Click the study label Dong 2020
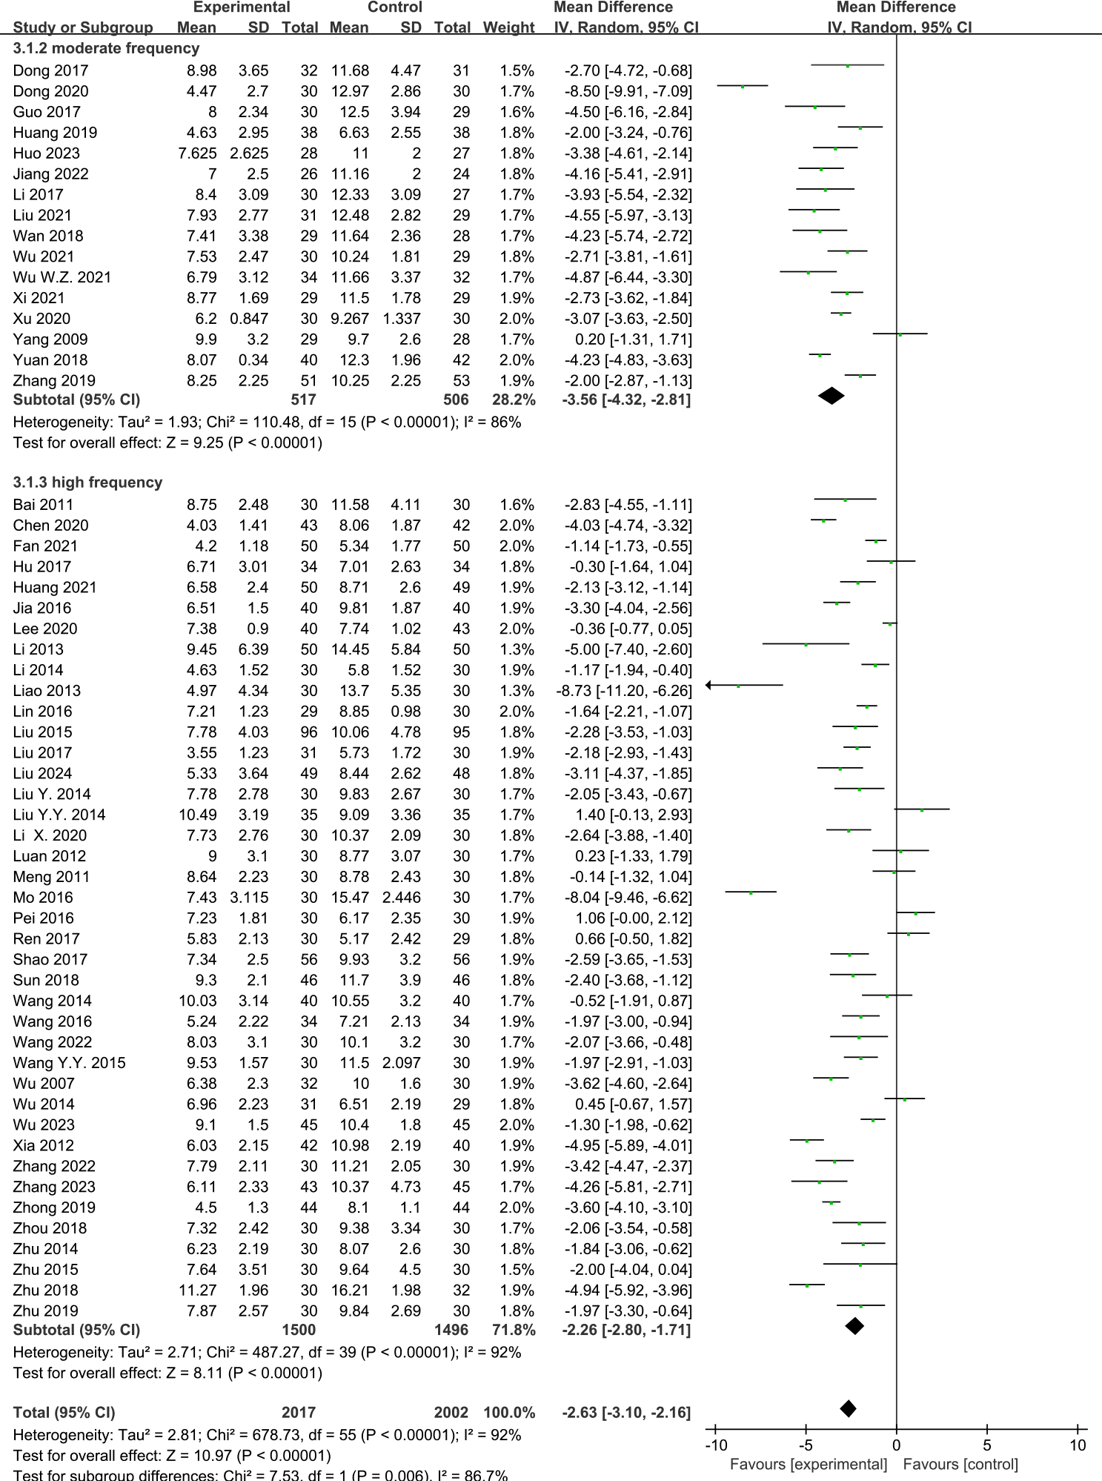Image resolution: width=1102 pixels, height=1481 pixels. pyautogui.click(x=50, y=91)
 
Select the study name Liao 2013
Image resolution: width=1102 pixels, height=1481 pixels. pyautogui.click(x=47, y=691)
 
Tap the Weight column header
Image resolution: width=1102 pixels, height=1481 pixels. pyautogui.click(x=508, y=27)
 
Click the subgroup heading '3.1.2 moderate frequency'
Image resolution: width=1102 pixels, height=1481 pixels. pyautogui.click(x=106, y=48)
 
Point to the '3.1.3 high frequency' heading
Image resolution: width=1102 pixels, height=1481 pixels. pyautogui.click(x=87, y=483)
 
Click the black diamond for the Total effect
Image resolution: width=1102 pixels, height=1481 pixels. pyautogui.click(x=849, y=1408)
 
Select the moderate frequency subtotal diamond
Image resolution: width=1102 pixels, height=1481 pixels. pyautogui.click(x=832, y=396)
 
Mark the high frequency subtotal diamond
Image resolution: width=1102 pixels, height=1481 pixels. pyautogui.click(x=855, y=1326)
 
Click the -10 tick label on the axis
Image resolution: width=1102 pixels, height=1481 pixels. pyautogui.click(x=716, y=1445)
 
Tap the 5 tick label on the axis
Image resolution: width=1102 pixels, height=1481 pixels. pyautogui.click(x=987, y=1445)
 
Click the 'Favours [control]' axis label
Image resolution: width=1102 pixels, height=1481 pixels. pyautogui.click(x=960, y=1464)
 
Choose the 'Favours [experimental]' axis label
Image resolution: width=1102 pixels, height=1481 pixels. pyautogui.click(x=809, y=1464)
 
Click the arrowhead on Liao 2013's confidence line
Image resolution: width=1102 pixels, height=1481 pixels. pyautogui.click(x=709, y=685)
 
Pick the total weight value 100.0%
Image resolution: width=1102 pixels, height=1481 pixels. pyautogui.click(x=509, y=1412)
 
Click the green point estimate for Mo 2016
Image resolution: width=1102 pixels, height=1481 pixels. pyautogui.click(x=751, y=892)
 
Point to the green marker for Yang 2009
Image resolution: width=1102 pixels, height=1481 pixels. pyautogui.click(x=900, y=334)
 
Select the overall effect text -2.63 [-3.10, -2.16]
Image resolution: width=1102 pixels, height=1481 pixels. pyautogui.click(x=626, y=1412)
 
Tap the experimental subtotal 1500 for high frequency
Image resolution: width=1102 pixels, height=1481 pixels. pyautogui.click(x=299, y=1330)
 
